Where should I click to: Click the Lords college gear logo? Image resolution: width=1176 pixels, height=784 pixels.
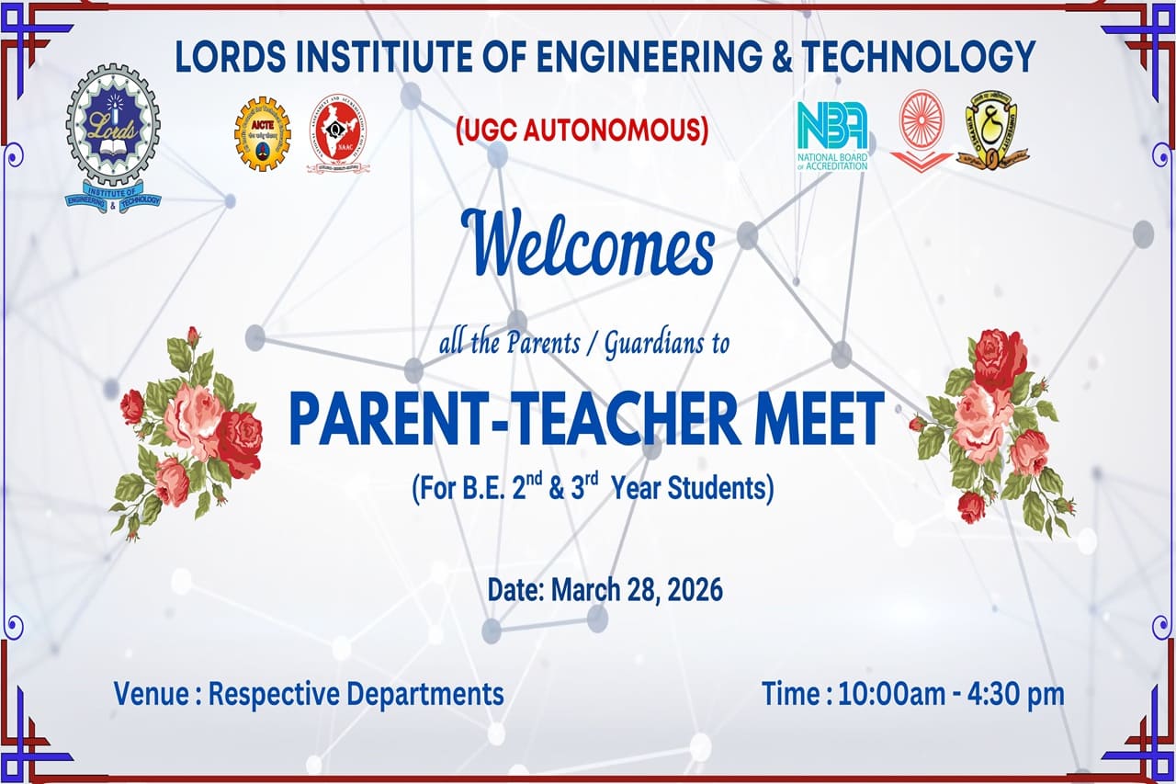click(x=113, y=141)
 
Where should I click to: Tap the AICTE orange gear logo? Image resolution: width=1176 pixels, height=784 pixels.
click(x=262, y=134)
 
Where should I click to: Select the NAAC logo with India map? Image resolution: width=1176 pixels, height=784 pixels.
click(x=337, y=134)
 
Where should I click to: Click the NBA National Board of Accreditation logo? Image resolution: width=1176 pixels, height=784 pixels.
click(x=832, y=136)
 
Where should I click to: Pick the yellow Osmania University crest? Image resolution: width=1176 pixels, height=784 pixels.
click(x=992, y=131)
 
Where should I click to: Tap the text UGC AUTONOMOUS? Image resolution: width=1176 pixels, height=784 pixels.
click(x=582, y=131)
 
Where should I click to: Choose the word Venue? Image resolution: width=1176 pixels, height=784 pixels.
click(x=152, y=694)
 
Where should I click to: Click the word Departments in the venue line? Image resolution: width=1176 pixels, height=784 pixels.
click(x=425, y=695)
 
